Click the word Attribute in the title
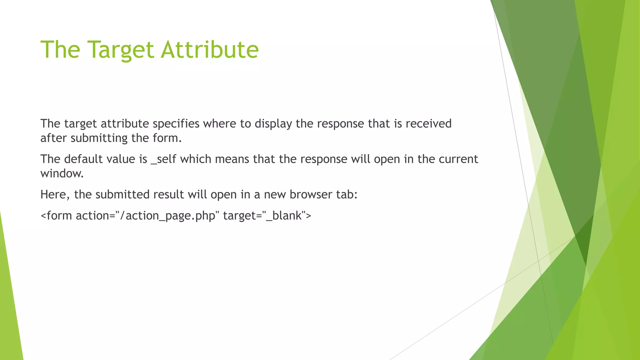point(209,50)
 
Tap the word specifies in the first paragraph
point(176,124)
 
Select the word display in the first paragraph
point(273,124)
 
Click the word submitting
point(99,138)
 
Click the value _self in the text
point(163,159)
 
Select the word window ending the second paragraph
point(62,173)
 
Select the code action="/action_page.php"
point(146,216)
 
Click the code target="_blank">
point(267,216)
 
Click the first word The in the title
point(60,50)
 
